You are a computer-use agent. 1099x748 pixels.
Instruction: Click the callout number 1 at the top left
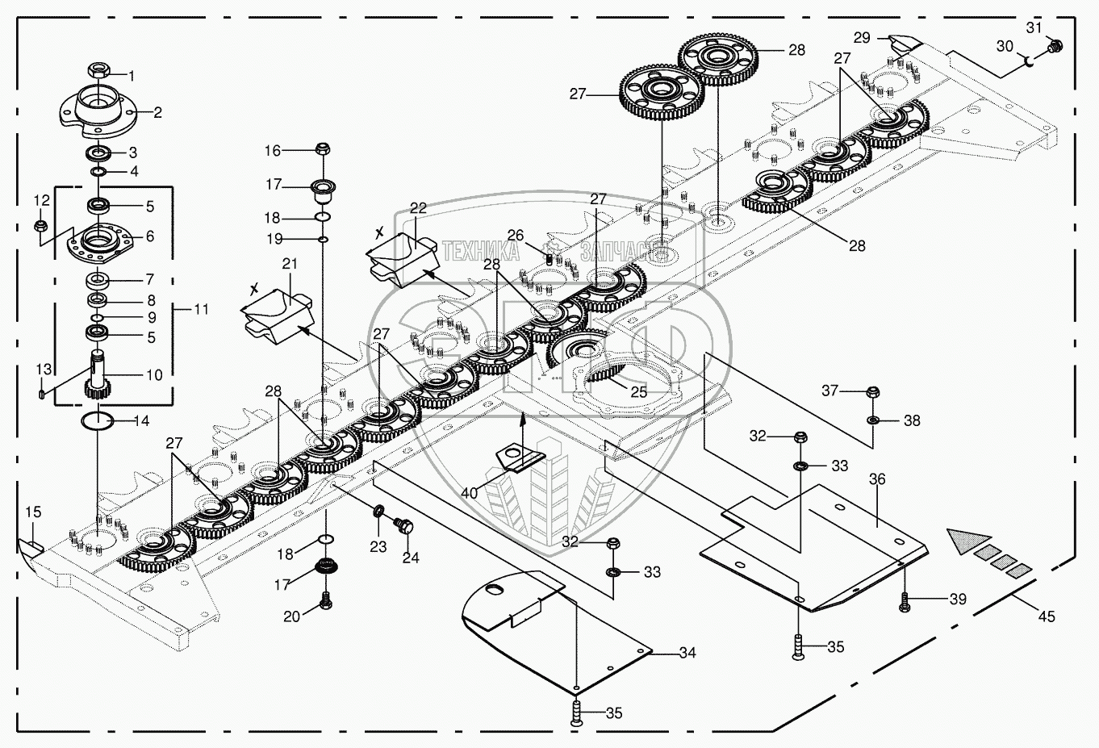point(132,76)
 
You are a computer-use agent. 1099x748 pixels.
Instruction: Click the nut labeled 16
point(321,149)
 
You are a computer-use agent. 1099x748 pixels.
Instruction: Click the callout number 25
point(638,391)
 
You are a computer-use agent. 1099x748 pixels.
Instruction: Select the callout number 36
point(877,479)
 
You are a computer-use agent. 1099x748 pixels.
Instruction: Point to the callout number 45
point(1046,617)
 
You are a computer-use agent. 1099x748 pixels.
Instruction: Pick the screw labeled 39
point(905,600)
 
